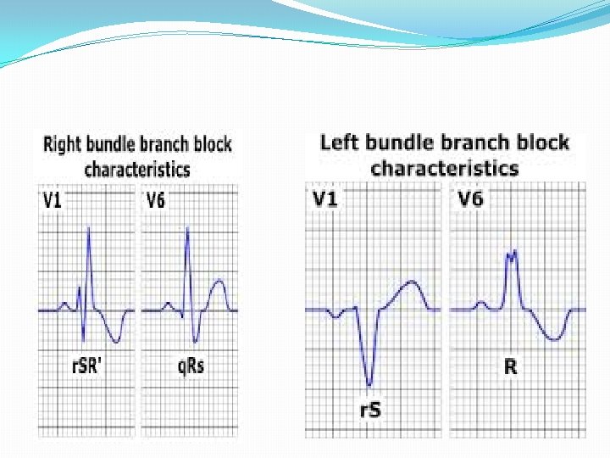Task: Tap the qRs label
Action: [x=191, y=366]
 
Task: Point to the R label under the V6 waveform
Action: [x=511, y=367]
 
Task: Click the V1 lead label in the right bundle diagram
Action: [x=53, y=201]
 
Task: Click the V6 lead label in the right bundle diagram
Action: [x=155, y=201]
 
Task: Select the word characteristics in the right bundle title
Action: [x=136, y=168]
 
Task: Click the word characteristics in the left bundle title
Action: [x=444, y=167]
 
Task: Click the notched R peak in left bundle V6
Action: [x=511, y=252]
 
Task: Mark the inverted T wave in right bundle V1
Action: [x=117, y=340]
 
